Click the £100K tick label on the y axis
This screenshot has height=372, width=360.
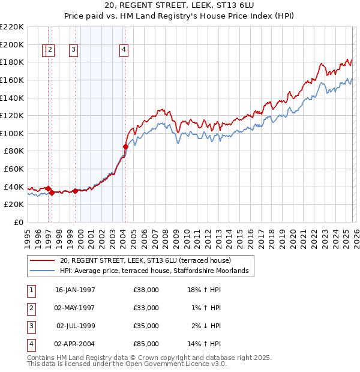click(12, 133)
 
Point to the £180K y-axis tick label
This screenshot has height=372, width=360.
click(12, 62)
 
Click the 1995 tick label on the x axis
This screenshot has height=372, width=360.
click(28, 233)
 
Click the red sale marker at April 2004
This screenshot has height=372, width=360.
click(125, 146)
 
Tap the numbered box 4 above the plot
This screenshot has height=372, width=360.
click(124, 50)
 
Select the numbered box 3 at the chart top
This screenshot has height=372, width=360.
click(73, 50)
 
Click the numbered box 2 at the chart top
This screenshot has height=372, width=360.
click(50, 50)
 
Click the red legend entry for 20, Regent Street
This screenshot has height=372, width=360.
click(149, 260)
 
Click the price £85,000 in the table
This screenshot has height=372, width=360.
click(146, 344)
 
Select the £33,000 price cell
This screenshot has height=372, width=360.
click(146, 308)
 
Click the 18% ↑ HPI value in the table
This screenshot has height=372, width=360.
click(204, 290)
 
